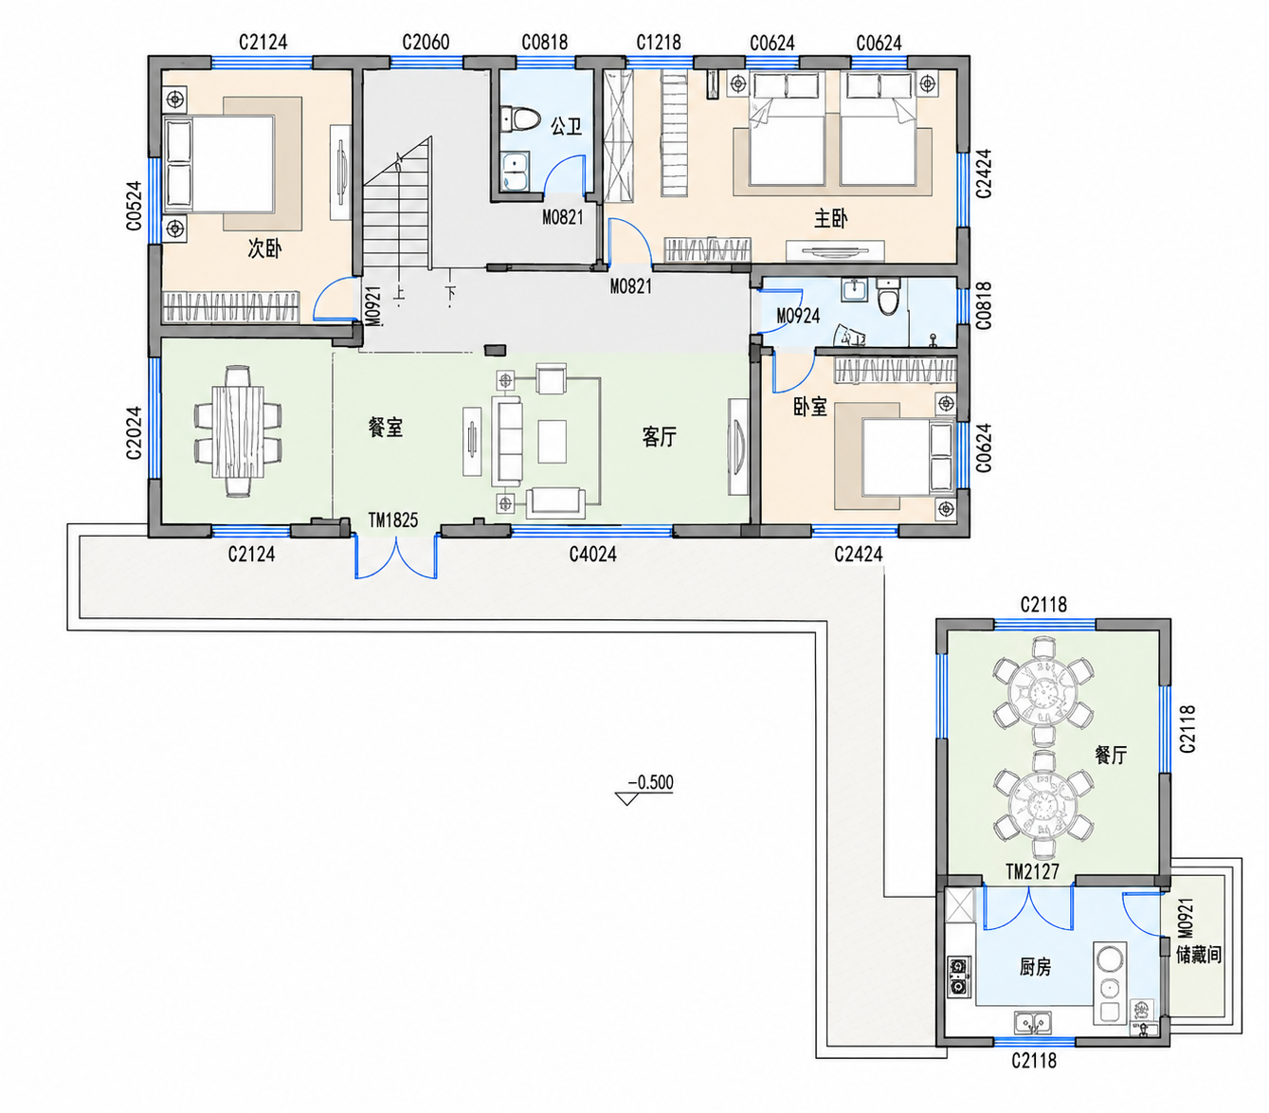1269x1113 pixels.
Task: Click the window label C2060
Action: coord(426,43)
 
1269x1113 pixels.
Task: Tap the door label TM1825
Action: coord(392,520)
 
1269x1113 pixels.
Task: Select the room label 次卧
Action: coord(264,248)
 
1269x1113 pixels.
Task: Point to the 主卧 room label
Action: coord(830,219)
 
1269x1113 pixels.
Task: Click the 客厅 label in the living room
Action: coord(659,437)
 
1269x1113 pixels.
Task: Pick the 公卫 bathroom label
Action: coord(566,127)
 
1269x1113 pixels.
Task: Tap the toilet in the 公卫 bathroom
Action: coord(520,119)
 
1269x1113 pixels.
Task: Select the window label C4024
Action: coord(592,554)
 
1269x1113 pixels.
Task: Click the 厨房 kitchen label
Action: coord(1035,967)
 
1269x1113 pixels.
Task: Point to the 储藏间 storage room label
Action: coord(1199,955)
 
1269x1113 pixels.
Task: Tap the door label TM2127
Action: coord(1032,871)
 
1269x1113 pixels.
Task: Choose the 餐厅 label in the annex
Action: coord(1111,755)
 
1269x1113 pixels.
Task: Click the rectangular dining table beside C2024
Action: coord(238,431)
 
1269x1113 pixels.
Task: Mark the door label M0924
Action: coord(798,316)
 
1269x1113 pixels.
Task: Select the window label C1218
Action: coord(659,43)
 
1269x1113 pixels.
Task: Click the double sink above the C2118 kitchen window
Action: coord(1033,1023)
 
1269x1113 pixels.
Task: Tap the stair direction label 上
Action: coord(398,293)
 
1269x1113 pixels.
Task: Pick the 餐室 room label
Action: coord(385,428)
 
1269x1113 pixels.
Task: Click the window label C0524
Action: coord(134,206)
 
